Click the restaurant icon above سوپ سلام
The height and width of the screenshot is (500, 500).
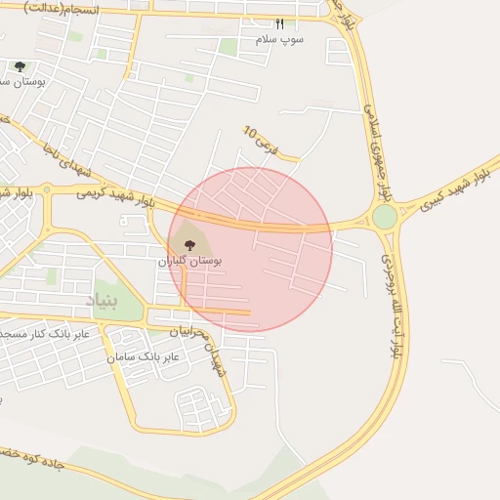point(280,23)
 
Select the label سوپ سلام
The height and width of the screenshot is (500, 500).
point(280,40)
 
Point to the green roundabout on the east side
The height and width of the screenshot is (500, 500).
point(384,217)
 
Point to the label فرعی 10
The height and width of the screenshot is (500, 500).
point(261,143)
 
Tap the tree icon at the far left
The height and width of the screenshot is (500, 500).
point(20,66)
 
